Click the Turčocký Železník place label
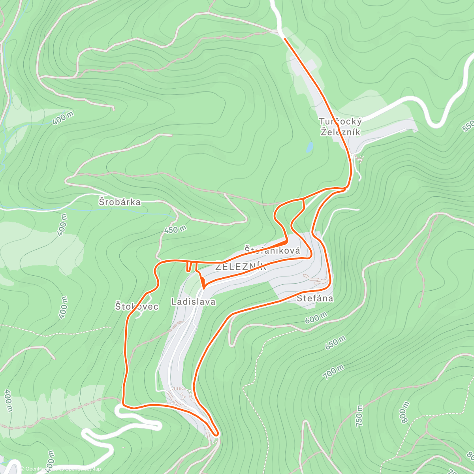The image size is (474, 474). point(340,126)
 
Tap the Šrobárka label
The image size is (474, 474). point(120,202)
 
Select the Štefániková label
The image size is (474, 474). point(272,250)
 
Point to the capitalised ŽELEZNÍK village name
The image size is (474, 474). point(241,267)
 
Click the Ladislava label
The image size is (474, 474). point(194,302)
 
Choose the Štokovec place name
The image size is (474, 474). point(137,306)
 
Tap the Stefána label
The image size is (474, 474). point(315,298)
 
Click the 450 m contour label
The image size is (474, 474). point(175,229)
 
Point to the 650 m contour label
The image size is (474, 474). point(335,342)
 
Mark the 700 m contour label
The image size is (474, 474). point(333,372)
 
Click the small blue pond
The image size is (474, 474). point(310,148)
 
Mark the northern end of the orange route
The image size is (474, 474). point(285,39)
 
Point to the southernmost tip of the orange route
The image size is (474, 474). point(216,435)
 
